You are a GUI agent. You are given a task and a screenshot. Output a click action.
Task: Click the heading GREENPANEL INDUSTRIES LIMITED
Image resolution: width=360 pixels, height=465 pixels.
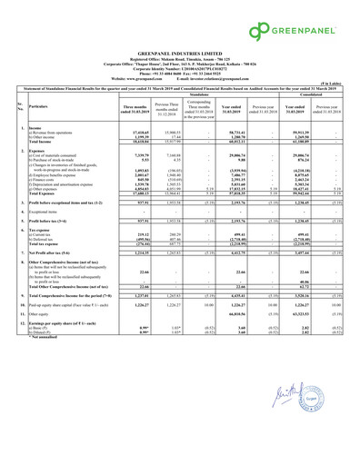pos(180,57)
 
